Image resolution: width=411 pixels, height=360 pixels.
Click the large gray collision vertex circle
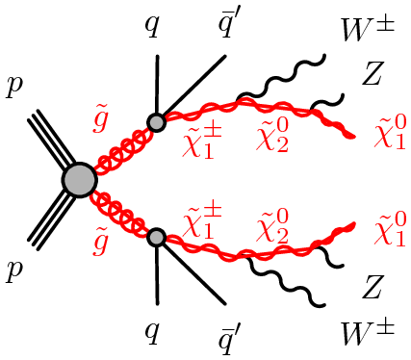pyautogui.click(x=79, y=179)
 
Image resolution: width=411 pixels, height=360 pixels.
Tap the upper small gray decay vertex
pyautogui.click(x=157, y=122)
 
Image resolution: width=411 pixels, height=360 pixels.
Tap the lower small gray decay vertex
pyautogui.click(x=157, y=236)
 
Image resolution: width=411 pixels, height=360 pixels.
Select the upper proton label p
pyautogui.click(x=15, y=88)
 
